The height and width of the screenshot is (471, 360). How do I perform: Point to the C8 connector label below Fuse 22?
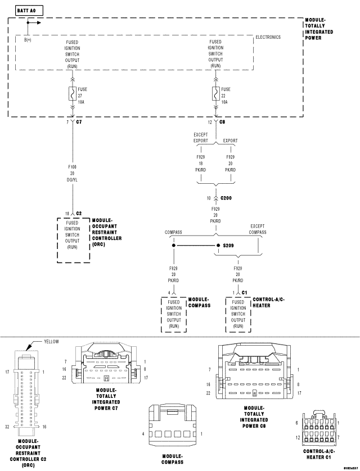223,122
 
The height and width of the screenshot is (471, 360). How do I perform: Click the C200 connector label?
227,198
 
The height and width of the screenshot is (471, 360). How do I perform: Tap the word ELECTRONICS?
268,37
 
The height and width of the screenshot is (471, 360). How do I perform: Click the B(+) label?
27,40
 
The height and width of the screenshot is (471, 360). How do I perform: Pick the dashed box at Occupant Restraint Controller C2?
73,239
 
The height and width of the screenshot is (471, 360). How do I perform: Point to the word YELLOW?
51,341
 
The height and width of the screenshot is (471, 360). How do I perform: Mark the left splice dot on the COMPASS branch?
174,246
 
